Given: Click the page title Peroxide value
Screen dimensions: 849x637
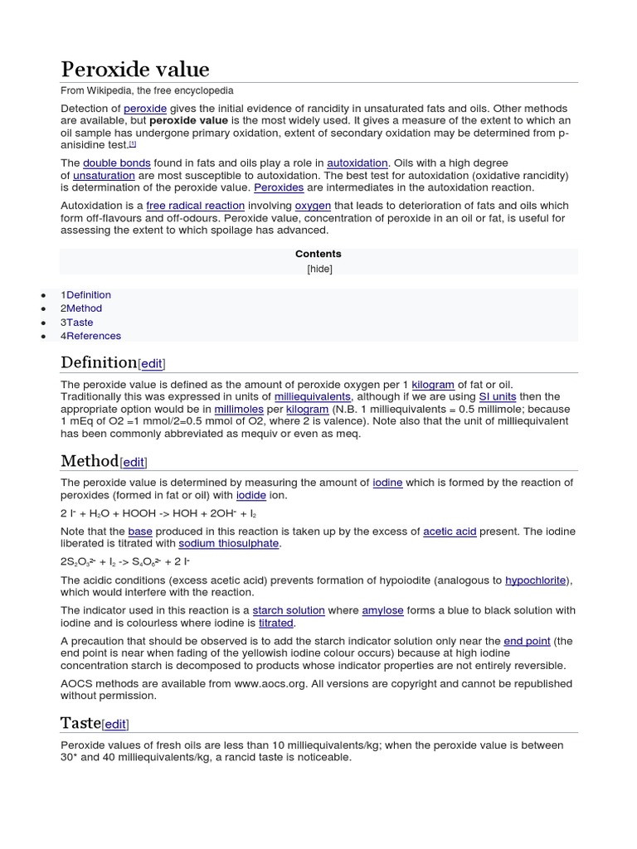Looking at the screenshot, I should (x=134, y=69).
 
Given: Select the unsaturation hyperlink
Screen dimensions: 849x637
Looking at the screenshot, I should (x=104, y=176).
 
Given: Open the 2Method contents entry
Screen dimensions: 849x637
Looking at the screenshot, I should (x=81, y=308).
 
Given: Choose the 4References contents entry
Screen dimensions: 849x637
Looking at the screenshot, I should (x=90, y=336).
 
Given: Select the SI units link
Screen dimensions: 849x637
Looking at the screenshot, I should (x=498, y=397).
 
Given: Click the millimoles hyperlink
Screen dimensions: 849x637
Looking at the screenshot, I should (x=239, y=410).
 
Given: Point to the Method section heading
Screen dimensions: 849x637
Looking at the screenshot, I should (x=90, y=460).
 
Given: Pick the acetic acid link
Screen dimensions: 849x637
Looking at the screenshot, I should (x=450, y=531).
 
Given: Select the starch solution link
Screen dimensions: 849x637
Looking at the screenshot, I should (x=289, y=610).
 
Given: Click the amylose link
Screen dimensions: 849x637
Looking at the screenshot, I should (x=382, y=610).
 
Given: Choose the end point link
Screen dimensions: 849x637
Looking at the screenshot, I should (x=527, y=641).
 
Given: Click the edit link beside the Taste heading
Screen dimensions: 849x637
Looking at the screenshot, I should (x=115, y=724).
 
